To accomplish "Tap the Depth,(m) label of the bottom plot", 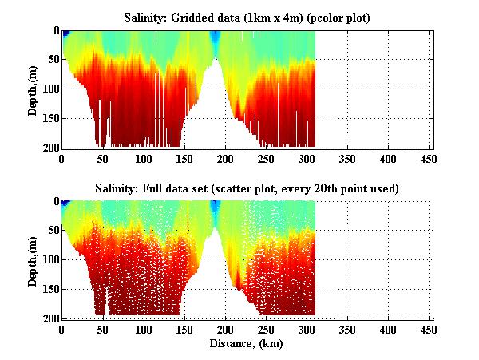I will pyautogui.click(x=33, y=259).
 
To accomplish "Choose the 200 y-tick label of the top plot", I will pyautogui.click(x=49, y=148).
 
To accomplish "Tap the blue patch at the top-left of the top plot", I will pyautogui.click(x=66, y=34).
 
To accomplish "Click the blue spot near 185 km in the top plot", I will pyautogui.click(x=215, y=38).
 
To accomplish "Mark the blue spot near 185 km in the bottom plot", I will pyautogui.click(x=215, y=208).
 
